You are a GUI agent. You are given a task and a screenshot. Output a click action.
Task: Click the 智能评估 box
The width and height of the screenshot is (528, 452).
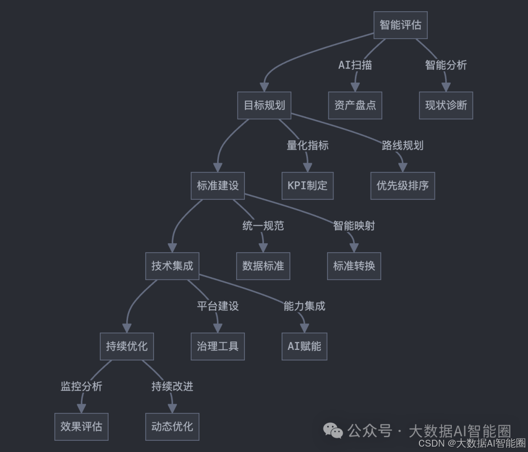[x=400, y=25]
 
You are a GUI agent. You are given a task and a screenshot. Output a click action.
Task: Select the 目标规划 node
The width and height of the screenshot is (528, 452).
[x=264, y=105]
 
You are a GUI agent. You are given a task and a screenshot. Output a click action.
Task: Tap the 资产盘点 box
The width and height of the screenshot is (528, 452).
[x=355, y=105]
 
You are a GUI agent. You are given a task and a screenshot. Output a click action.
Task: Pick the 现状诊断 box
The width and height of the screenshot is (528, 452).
[x=446, y=105]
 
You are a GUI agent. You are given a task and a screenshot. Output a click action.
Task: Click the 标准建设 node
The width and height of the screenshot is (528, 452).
[x=218, y=186]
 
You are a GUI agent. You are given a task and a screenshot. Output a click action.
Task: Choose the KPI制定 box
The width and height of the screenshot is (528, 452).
[x=308, y=186]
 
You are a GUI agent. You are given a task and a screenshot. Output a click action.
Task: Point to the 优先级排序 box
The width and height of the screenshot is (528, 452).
[x=402, y=186]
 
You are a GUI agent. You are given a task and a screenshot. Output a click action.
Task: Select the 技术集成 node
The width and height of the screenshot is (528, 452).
[x=172, y=266]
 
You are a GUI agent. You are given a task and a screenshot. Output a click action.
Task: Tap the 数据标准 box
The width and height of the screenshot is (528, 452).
[x=263, y=266]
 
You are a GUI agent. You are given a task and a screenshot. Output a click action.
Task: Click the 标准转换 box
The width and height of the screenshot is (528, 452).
[x=354, y=266]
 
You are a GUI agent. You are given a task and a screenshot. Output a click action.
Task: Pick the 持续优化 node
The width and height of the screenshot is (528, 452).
[x=127, y=346]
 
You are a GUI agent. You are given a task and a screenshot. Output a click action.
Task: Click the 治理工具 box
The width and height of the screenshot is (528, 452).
[x=218, y=346]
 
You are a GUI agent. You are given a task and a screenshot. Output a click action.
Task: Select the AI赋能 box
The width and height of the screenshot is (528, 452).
[x=304, y=346]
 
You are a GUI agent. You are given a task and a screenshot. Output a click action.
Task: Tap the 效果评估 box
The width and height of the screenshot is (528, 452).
[x=81, y=427]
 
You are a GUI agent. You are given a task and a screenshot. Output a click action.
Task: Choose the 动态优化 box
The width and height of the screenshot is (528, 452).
[x=172, y=427]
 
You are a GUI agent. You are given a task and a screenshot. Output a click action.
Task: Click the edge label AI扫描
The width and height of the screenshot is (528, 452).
[x=355, y=65]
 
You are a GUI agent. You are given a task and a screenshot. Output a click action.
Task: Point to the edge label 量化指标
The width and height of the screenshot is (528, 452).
[x=308, y=145]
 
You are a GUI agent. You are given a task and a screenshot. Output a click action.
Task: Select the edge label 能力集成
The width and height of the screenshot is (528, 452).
[x=304, y=306]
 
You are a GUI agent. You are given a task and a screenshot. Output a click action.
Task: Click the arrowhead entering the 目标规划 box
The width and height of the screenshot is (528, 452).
[x=264, y=87]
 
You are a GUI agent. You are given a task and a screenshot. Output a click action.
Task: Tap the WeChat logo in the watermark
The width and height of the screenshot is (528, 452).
[x=333, y=430]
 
